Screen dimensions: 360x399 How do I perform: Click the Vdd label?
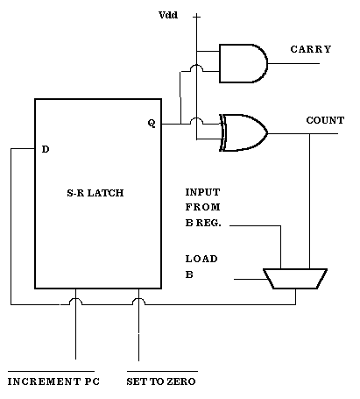168,15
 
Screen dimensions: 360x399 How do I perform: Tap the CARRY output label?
311,49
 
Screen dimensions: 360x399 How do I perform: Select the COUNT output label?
325,120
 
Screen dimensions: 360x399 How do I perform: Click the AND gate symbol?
243,63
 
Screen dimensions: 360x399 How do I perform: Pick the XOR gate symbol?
243,132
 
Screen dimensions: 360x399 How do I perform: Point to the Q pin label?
152,124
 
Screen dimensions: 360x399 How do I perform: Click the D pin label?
46,149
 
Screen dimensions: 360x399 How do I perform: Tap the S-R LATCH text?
95,193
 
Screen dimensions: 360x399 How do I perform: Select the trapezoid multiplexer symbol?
295,279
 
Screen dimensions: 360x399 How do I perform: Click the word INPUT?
202,192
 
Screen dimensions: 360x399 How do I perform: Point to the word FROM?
202,207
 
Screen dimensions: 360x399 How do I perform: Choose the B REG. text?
203,223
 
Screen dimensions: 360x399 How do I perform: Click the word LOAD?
201,259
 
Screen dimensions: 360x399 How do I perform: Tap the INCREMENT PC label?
53,381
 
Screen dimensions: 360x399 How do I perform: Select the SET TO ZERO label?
161,381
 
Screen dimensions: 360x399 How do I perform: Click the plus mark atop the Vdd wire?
197,17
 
